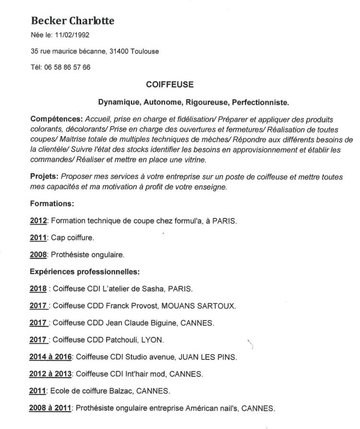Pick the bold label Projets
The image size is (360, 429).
coord(44,177)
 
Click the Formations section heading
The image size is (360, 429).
coord(51,203)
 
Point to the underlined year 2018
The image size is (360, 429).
coord(38,289)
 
